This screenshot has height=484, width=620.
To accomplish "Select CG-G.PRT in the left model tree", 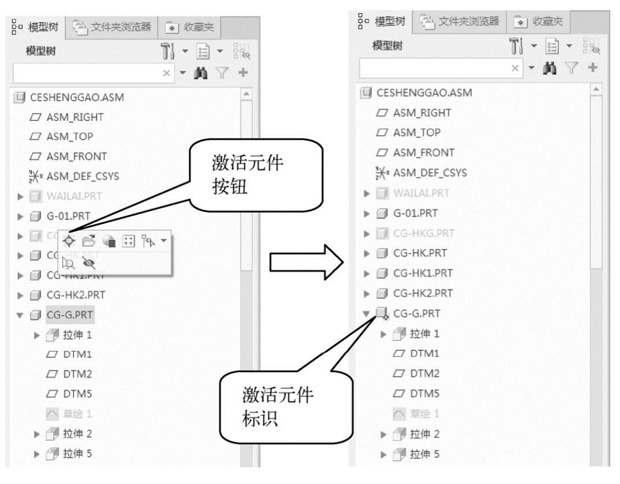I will pyautogui.click(x=69, y=315).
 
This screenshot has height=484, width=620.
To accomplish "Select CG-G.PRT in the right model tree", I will pyautogui.click(x=416, y=313).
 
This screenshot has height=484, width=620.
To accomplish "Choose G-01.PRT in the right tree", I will pyautogui.click(x=415, y=212).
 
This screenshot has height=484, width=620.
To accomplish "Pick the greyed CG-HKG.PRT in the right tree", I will pyautogui.click(x=423, y=233).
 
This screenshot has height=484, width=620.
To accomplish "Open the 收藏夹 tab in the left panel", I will pyautogui.click(x=190, y=26).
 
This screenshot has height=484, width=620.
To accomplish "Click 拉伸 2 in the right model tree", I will pyautogui.click(x=424, y=434).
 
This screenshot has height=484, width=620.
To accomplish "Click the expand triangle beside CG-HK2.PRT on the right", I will pyautogui.click(x=366, y=293).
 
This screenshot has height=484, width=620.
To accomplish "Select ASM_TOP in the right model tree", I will pyautogui.click(x=416, y=133).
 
